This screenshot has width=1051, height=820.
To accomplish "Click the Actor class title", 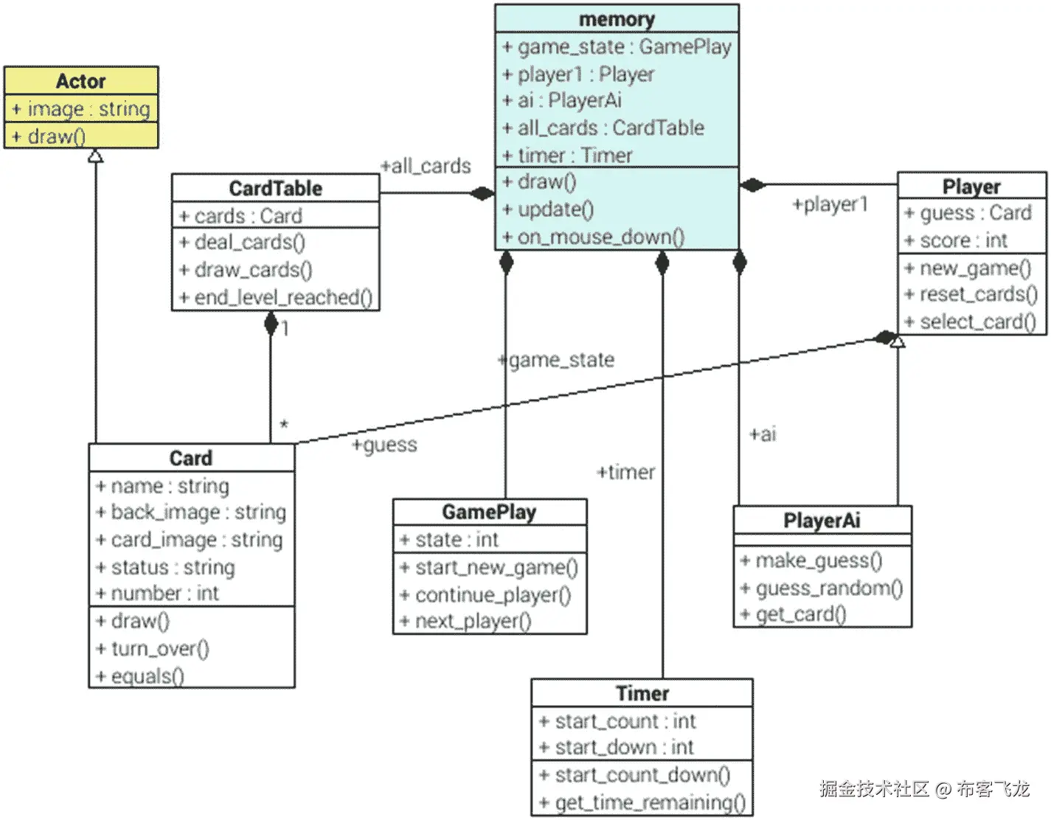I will [x=81, y=80].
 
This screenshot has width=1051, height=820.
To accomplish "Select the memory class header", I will [x=617, y=19].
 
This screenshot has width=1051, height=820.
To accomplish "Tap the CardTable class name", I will [x=275, y=188].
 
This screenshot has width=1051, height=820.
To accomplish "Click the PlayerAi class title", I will [x=822, y=521].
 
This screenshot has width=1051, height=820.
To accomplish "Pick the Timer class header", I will [x=642, y=693].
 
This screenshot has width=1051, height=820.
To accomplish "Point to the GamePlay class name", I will [x=489, y=512].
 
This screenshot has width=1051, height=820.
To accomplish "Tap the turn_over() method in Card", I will [x=159, y=649].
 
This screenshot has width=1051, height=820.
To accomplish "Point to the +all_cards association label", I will [x=426, y=166].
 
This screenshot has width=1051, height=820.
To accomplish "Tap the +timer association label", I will [x=625, y=472].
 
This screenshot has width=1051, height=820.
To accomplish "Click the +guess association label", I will [x=384, y=445].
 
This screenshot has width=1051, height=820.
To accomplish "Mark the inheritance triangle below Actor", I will [x=95, y=156].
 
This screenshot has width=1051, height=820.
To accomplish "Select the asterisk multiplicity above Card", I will [x=284, y=425].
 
